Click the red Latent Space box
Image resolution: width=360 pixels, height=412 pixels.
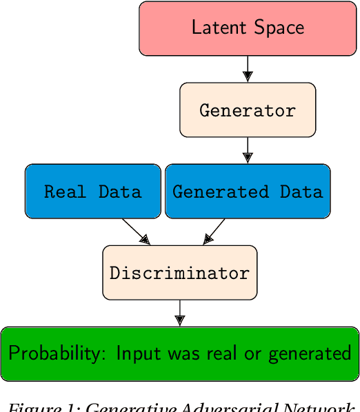[x=248, y=28]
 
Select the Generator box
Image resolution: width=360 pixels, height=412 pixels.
[x=248, y=110]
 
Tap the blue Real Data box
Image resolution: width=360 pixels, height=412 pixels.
[x=92, y=191]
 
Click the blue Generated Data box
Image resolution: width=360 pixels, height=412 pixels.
[x=248, y=191]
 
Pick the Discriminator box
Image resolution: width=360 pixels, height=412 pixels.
[x=179, y=273]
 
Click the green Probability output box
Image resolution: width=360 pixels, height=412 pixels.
[x=179, y=353]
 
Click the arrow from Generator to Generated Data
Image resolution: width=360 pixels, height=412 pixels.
[x=248, y=150]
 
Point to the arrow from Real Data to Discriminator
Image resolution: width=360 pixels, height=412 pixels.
[x=136, y=231]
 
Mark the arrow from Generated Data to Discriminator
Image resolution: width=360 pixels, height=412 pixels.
[x=214, y=231]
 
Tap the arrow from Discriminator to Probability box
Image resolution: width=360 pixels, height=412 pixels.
[x=179, y=313]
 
